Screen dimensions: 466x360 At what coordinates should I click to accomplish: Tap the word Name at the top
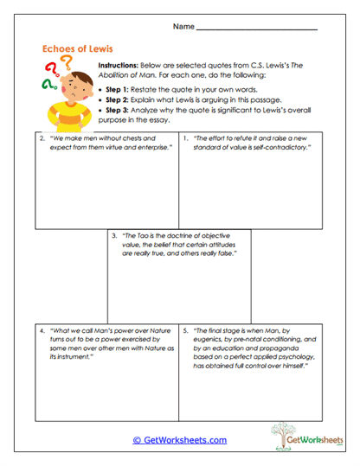183,27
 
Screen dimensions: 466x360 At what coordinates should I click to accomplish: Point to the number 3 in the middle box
114,235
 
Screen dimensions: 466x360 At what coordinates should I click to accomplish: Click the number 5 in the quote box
186,331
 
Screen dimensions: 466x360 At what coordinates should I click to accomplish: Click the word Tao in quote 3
145,235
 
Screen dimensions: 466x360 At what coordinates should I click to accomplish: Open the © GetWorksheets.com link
179,440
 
